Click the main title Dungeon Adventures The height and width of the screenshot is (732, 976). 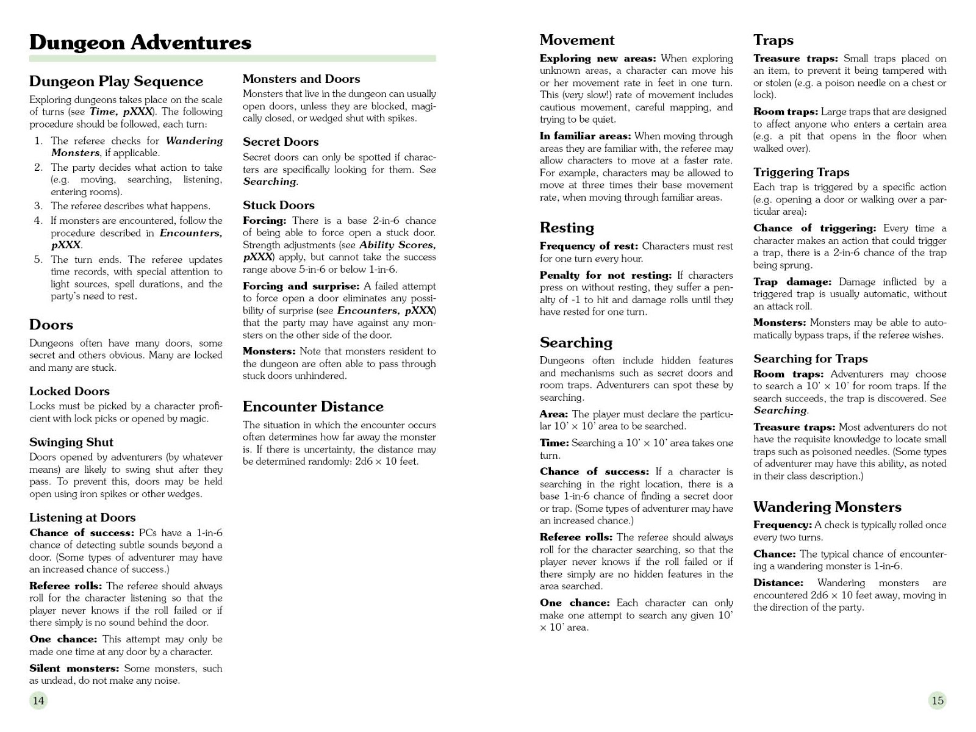coord(140,42)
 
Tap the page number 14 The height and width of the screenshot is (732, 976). coord(38,700)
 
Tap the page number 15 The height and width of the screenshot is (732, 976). coord(938,700)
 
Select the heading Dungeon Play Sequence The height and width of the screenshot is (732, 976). coord(116,81)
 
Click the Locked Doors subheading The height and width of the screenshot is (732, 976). coord(70,391)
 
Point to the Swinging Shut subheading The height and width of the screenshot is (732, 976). coord(71,442)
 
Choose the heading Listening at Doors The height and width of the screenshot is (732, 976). coord(82,517)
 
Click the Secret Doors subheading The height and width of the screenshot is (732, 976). coord(281,142)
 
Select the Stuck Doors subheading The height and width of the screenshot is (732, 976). coord(279,205)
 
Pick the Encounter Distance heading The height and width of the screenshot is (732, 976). coord(313,407)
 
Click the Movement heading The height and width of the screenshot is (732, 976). coord(577,40)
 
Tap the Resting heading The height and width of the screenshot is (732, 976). coord(567,228)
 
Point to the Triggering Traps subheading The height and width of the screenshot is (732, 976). coord(801,172)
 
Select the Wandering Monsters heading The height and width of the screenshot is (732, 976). coord(827,507)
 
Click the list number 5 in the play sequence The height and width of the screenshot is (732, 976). coord(38,260)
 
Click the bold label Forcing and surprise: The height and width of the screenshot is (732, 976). coord(301,286)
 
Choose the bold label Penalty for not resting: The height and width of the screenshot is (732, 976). coord(605,276)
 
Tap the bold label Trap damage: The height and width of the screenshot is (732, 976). coord(792,282)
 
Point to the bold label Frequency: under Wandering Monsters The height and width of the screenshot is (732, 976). coord(782,525)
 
